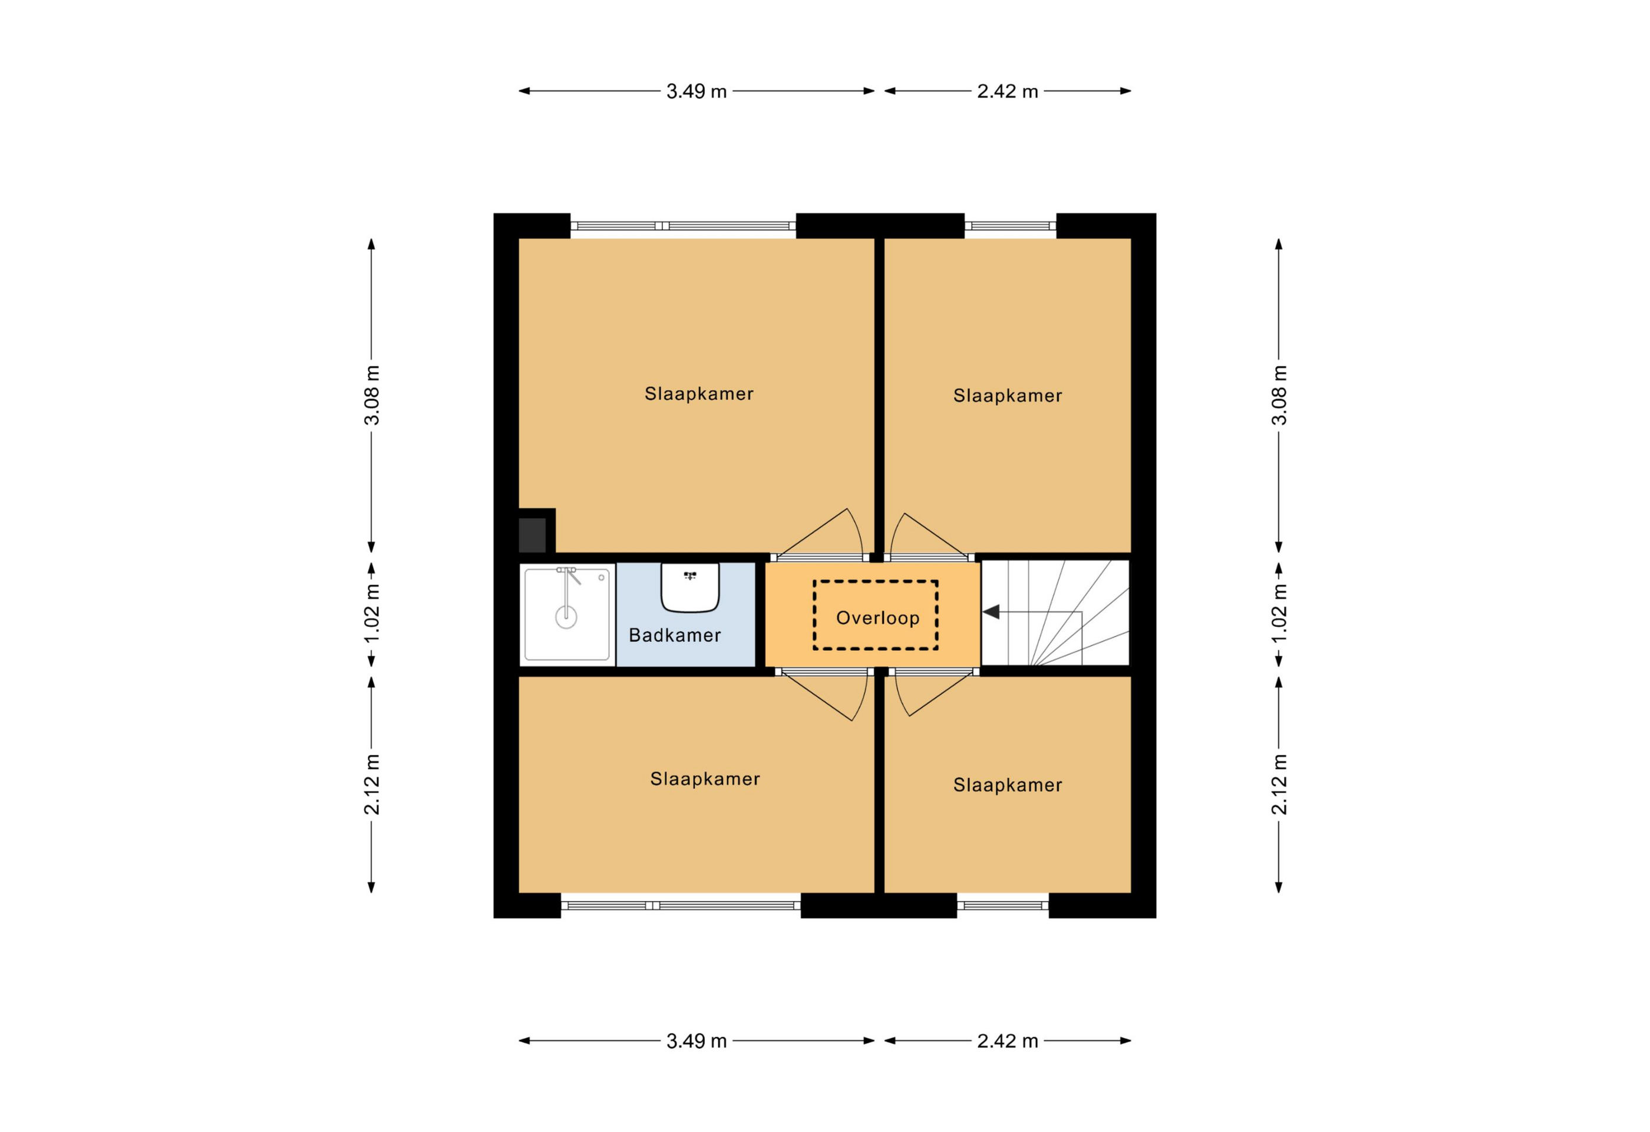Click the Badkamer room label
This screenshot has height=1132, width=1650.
pos(675,635)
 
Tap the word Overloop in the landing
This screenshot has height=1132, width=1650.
pos(877,618)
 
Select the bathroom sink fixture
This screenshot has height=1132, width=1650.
pos(690,587)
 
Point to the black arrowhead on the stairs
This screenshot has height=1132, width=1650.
pos(991,611)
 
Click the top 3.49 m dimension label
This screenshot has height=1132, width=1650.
pos(697,91)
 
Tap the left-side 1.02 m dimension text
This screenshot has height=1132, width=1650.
pos(372,613)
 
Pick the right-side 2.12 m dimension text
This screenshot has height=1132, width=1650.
pos(1279,784)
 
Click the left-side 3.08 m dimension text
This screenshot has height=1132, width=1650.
pos(372,395)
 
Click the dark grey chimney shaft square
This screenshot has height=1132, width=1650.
pos(533,535)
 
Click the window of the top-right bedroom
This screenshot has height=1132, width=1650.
pos(1010,226)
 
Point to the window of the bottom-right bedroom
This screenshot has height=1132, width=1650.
pos(1002,906)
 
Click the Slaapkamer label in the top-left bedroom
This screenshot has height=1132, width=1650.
pos(699,393)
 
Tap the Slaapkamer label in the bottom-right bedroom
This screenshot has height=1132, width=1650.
pos(1008,785)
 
